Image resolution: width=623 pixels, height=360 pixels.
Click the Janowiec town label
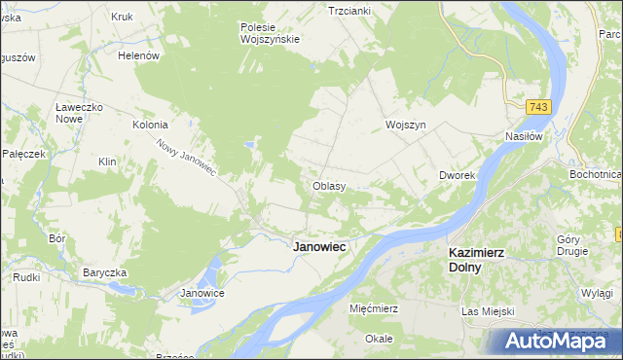click(319, 247)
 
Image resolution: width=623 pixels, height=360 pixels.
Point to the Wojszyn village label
click(406, 126)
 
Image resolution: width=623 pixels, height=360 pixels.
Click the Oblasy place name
click(329, 185)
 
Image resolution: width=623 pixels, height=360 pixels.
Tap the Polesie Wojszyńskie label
click(270, 33)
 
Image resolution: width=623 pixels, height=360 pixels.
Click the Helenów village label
click(138, 55)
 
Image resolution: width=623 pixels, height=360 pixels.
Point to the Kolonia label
click(151, 125)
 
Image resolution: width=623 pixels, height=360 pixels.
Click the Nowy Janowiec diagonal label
click(185, 157)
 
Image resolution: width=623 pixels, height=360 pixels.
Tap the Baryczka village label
click(106, 271)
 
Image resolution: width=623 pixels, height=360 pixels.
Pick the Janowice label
click(203, 293)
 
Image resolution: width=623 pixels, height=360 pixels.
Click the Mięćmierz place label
click(374, 307)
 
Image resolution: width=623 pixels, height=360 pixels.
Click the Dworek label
click(456, 175)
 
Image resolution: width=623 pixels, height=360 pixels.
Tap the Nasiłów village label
click(523, 137)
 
